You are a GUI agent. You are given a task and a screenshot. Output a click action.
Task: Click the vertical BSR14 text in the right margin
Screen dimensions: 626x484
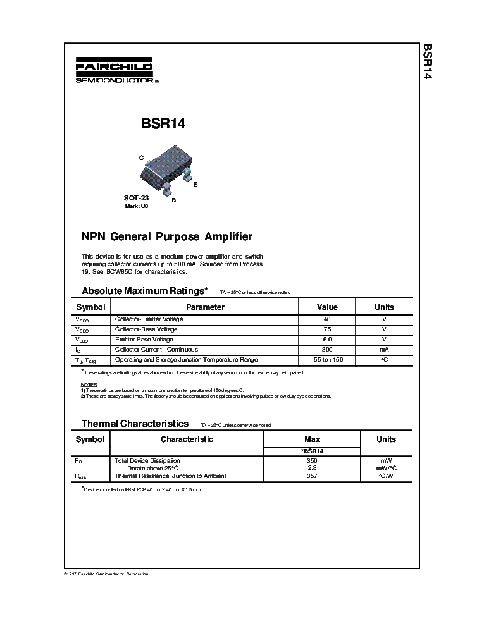coord(428,62)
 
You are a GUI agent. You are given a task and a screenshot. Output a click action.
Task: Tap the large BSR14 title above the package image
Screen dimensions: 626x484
coord(163,124)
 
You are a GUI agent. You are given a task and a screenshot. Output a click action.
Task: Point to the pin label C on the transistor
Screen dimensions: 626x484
coord(142,157)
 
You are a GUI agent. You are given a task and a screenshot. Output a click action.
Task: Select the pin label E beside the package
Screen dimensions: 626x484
coord(195,184)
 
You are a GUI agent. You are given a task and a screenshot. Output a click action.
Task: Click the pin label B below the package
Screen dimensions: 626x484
coord(173,200)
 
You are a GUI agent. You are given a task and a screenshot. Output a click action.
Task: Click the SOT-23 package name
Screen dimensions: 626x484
coord(136,198)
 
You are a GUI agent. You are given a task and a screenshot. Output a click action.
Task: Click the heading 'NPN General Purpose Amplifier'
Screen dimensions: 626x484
coord(167,236)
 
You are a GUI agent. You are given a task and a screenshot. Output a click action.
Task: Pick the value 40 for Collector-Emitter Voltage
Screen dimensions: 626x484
coord(327,319)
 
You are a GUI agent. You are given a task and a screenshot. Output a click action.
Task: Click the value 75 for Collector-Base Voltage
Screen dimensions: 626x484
coord(327,329)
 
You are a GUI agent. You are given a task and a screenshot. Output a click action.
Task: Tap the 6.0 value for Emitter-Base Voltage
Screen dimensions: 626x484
coord(327,340)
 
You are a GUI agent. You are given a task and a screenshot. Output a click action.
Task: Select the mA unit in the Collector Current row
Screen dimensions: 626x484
coord(384,350)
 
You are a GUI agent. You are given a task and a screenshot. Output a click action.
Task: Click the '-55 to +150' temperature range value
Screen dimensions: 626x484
coord(327,360)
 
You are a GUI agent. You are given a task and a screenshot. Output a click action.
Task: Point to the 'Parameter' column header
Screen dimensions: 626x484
coord(205,307)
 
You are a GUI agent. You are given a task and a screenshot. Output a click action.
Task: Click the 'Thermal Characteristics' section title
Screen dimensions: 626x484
coord(135,424)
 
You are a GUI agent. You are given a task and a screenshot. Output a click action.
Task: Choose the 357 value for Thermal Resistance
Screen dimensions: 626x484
coord(311,476)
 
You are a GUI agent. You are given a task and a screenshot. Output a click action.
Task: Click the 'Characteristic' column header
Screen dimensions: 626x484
coord(187,439)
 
